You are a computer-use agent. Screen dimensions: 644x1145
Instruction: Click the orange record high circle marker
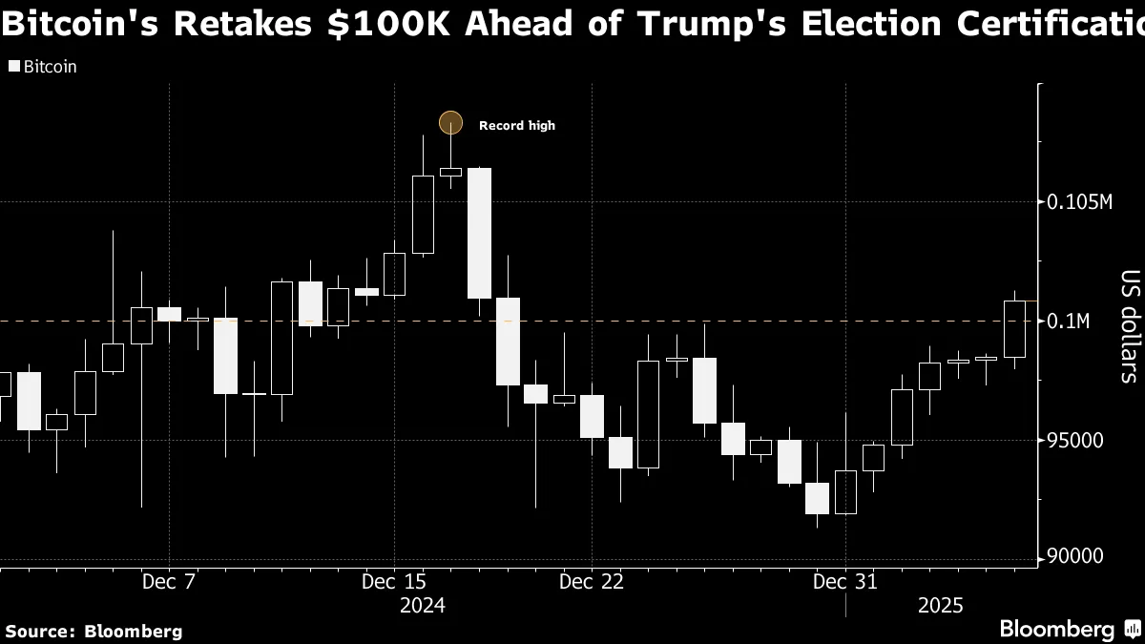click(x=450, y=122)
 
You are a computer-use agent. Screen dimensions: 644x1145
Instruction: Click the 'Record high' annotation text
click(x=516, y=126)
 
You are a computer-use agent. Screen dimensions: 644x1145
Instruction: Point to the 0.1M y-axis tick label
click(x=1069, y=322)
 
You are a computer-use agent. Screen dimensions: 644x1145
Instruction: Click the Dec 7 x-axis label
click(x=168, y=581)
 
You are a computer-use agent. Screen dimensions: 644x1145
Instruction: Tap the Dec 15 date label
click(x=394, y=581)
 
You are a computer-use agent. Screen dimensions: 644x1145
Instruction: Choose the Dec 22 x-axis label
click(x=592, y=581)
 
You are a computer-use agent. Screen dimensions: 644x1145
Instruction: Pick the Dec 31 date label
click(x=845, y=581)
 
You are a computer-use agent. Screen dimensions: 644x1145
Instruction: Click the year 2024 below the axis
click(x=423, y=606)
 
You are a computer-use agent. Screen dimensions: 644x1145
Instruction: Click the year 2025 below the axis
click(x=941, y=606)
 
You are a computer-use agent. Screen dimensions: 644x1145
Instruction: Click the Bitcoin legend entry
click(x=43, y=67)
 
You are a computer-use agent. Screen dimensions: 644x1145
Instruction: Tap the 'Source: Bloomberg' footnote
click(x=94, y=631)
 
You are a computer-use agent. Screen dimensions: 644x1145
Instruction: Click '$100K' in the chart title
click(x=393, y=24)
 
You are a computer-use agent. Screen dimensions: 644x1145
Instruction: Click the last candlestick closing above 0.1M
click(x=1014, y=328)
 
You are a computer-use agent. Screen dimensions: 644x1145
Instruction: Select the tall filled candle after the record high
click(x=479, y=233)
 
